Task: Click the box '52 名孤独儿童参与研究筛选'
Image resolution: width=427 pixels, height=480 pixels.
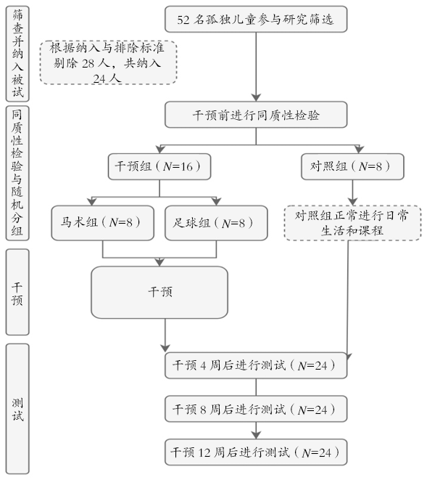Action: tap(256, 20)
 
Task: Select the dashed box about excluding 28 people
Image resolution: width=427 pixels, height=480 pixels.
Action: tap(108, 62)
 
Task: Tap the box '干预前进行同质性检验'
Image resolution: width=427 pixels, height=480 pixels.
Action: tap(256, 115)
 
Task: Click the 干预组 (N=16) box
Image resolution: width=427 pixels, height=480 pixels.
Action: tap(159, 166)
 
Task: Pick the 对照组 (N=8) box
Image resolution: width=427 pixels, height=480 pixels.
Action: tap(352, 166)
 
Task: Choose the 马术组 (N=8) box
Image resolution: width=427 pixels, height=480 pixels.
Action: tap(102, 223)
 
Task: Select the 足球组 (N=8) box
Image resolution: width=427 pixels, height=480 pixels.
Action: tap(216, 223)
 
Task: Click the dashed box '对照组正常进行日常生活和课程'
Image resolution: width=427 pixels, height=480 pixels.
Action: tap(352, 223)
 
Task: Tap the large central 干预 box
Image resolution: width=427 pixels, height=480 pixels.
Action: tap(159, 293)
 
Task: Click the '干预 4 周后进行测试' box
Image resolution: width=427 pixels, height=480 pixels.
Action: tap(256, 365)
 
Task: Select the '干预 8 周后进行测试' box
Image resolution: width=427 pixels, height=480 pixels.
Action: tap(256, 409)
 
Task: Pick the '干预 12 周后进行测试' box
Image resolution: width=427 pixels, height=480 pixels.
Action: tap(256, 452)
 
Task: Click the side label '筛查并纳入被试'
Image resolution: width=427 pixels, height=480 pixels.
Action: tap(17, 54)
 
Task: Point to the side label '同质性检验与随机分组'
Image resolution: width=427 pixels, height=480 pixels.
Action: tap(17, 174)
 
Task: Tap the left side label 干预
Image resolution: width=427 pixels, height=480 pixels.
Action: tap(17, 292)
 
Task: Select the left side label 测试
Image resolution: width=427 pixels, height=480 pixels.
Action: tap(17, 409)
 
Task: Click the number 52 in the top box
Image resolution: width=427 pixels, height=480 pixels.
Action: tap(183, 20)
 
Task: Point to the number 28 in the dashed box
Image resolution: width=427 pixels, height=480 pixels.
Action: tap(88, 63)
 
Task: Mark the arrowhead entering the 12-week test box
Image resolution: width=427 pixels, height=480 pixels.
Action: tap(256, 435)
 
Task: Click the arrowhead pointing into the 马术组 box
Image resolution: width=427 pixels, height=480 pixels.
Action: tap(91, 201)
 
